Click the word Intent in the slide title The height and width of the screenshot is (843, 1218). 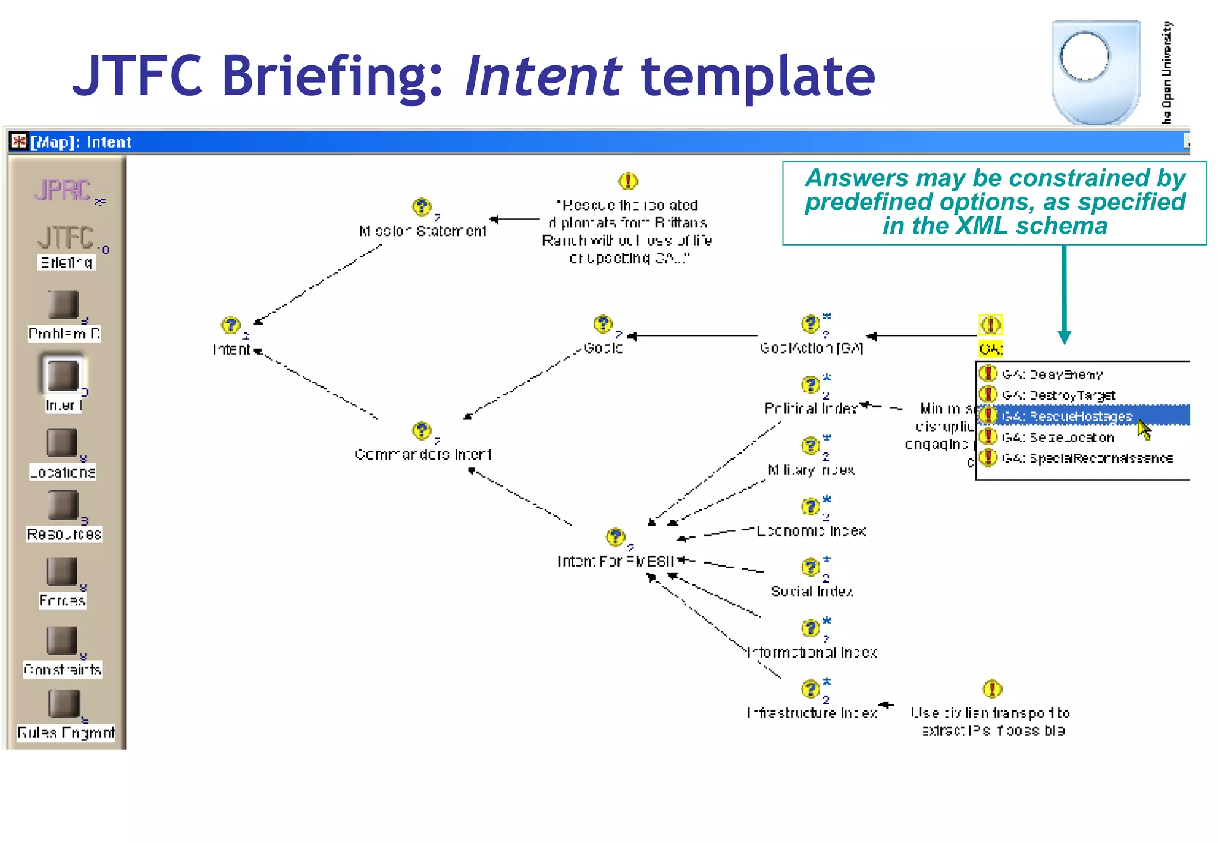(x=542, y=76)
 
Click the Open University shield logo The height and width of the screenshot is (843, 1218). (x=1095, y=71)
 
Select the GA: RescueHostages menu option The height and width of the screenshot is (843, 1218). (x=1067, y=416)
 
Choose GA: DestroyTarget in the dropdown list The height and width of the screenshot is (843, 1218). (x=1059, y=395)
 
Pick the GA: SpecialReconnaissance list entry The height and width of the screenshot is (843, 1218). (x=1087, y=458)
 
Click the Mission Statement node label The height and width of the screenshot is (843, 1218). (x=422, y=231)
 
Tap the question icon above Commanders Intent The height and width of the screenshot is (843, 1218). (x=422, y=430)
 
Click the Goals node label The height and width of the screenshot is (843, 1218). (x=602, y=348)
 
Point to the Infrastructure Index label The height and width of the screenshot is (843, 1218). (x=812, y=713)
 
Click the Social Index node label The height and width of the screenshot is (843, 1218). (x=812, y=592)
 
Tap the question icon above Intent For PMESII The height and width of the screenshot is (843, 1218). (x=616, y=537)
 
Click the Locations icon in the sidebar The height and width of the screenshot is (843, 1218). (x=62, y=443)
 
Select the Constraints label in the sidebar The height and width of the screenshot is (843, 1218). (x=62, y=670)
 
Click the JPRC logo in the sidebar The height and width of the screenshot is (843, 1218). (x=63, y=190)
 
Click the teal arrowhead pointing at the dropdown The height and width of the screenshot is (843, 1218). (x=1064, y=338)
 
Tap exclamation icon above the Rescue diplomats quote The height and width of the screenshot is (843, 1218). (x=628, y=180)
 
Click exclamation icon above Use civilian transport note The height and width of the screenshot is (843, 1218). (x=992, y=688)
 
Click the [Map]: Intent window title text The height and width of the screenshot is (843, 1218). (x=81, y=142)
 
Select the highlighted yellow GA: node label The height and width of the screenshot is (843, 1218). (x=991, y=349)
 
